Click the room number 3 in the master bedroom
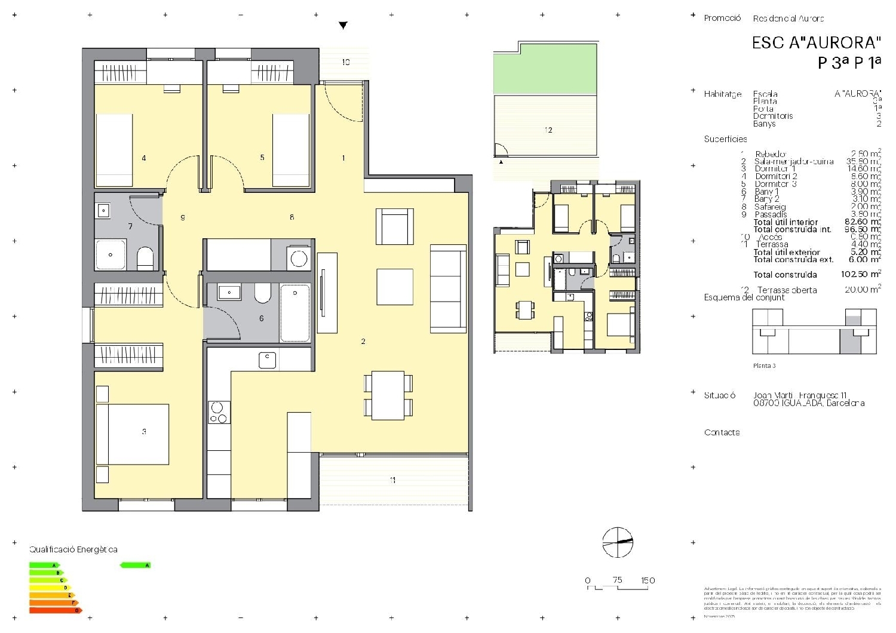pos(144,431)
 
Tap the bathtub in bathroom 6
pos(295,313)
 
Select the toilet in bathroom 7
pos(145,259)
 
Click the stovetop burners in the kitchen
pos(219,413)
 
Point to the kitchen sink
pos(267,360)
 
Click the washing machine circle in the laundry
pos(298,259)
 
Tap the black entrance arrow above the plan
pos(343,26)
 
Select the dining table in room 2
pos(388,395)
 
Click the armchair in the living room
pos(395,226)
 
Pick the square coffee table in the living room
pos(395,287)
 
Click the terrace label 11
pos(392,480)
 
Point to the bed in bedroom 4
pos(114,150)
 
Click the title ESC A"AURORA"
pos(816,43)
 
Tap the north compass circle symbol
pos(618,542)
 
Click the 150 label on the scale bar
pos(648,580)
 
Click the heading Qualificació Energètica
pos(73,549)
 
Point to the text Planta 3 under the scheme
pos(765,365)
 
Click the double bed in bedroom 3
pos(133,434)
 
